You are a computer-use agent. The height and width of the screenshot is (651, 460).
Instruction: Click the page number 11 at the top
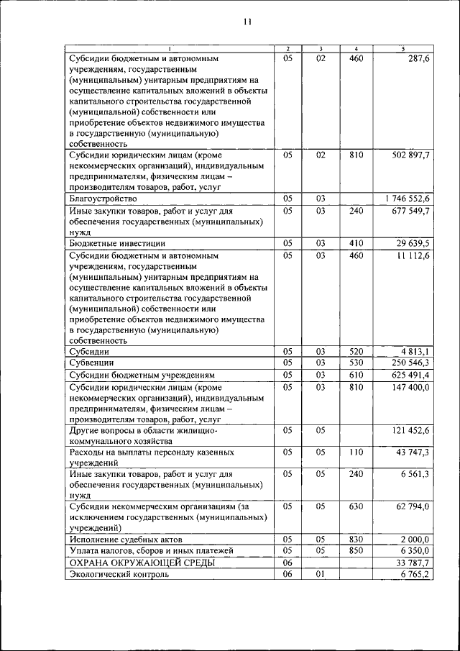(x=247, y=22)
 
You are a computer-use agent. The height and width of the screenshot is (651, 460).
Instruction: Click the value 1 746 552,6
(x=407, y=198)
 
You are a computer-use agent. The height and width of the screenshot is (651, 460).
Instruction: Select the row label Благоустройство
(x=103, y=198)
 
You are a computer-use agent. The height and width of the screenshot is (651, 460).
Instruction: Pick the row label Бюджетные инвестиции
(x=115, y=244)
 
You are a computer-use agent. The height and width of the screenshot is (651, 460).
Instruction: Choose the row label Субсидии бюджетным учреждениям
(x=142, y=375)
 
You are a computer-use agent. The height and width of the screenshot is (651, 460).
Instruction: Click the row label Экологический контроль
(x=119, y=575)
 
